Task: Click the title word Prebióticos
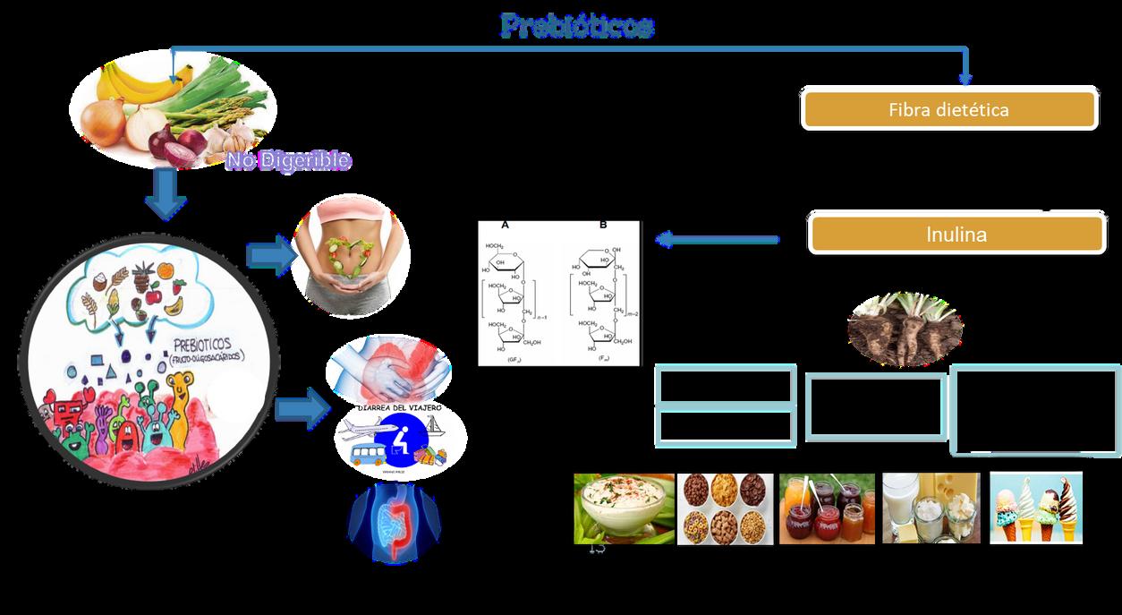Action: click(x=577, y=26)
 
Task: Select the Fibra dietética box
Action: click(x=948, y=109)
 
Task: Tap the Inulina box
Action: click(x=956, y=235)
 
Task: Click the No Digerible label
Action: click(x=288, y=161)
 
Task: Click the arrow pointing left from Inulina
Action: click(x=717, y=239)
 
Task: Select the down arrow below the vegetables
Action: click(x=166, y=194)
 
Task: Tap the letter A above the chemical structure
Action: click(x=505, y=225)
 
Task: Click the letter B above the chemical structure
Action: click(x=603, y=225)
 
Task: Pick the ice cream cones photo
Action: click(x=1036, y=508)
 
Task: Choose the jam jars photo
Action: click(x=827, y=508)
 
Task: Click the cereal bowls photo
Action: click(x=725, y=508)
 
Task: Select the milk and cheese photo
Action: click(x=931, y=508)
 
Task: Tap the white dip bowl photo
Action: click(x=624, y=508)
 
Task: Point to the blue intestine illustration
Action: click(x=394, y=525)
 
